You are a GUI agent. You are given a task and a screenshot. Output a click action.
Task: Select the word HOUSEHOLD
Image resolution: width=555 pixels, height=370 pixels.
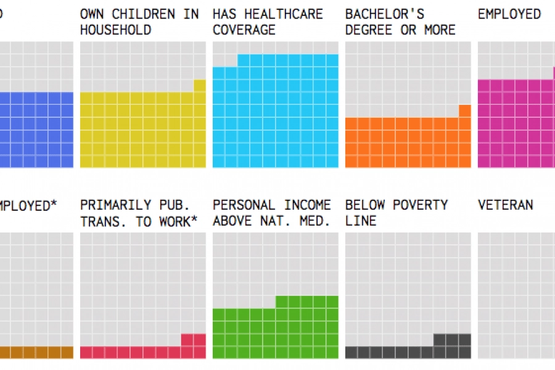pyautogui.click(x=115, y=30)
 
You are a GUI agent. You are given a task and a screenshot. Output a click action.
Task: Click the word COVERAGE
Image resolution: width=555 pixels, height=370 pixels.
pyautogui.click(x=244, y=30)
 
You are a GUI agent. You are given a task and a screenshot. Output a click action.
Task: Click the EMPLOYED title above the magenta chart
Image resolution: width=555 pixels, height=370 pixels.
pyautogui.click(x=509, y=14)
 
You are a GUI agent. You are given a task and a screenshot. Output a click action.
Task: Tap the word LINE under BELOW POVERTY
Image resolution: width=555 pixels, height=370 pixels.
pyautogui.click(x=361, y=221)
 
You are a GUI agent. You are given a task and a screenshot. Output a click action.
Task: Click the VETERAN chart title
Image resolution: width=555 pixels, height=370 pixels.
pyautogui.click(x=506, y=205)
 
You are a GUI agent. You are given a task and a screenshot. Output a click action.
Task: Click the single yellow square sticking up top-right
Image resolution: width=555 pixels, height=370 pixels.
pyautogui.click(x=200, y=86)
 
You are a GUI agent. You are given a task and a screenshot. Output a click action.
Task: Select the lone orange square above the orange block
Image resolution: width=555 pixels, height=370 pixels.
pyautogui.click(x=465, y=111)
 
